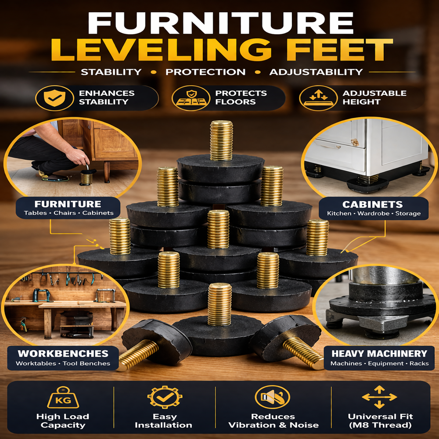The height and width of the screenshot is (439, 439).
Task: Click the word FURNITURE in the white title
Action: (221, 23)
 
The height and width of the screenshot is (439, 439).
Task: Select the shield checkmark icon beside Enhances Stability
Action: (54, 98)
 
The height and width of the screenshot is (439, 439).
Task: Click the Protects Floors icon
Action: (191, 98)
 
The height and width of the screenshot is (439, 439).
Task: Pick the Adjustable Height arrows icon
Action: (318, 98)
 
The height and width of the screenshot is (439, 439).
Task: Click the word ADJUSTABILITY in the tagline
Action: (316, 72)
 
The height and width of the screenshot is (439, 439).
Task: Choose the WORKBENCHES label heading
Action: (63, 353)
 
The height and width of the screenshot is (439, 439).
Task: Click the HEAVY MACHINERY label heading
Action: (379, 353)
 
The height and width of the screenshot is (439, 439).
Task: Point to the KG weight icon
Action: (63, 398)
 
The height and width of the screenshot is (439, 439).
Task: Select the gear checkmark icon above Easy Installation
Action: (165, 397)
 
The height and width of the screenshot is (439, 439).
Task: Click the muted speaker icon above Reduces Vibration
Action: (273, 397)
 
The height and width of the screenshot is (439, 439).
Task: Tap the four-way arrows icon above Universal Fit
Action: (379, 397)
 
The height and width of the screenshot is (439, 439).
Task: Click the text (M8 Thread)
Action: (380, 425)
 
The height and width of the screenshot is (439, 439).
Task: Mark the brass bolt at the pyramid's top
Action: (221, 140)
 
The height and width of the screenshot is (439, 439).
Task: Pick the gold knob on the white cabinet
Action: (355, 142)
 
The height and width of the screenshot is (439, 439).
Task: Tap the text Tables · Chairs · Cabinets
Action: (68, 213)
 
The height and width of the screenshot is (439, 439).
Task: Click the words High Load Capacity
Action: (63, 421)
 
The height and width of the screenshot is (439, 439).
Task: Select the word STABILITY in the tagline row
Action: (111, 72)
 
